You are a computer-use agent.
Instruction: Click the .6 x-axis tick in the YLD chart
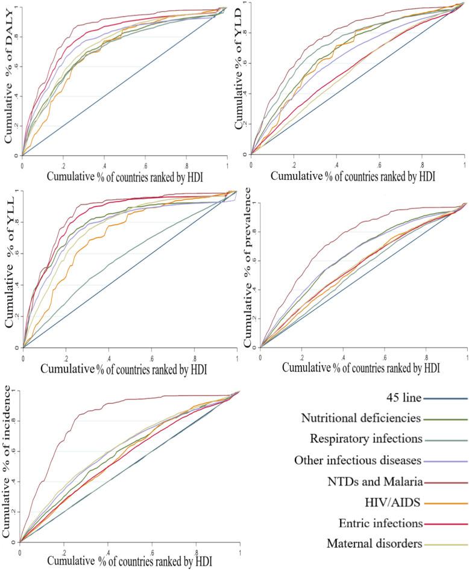pos(379,164)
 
